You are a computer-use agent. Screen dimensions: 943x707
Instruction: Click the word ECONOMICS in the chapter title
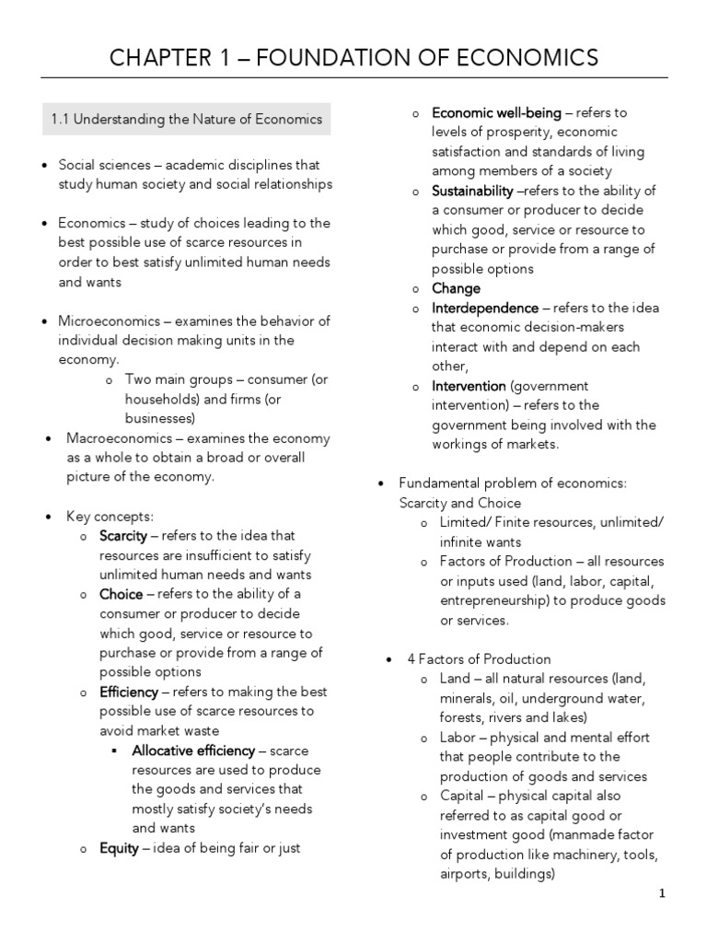(x=525, y=58)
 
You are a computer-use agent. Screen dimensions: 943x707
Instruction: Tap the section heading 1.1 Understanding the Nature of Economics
(x=186, y=119)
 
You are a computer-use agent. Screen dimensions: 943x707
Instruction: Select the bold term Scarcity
(x=123, y=536)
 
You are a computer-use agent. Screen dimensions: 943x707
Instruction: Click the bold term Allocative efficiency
(x=193, y=751)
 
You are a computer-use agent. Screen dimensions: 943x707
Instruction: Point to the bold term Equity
(x=120, y=848)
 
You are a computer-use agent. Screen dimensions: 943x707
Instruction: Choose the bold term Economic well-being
(x=496, y=112)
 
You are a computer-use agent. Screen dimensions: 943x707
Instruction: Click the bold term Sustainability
(x=472, y=191)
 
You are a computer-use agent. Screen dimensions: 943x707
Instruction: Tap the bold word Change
(x=456, y=288)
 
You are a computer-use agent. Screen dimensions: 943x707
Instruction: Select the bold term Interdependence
(x=485, y=308)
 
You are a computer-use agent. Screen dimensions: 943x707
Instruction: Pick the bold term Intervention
(x=469, y=386)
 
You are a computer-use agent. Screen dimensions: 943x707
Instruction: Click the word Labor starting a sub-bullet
(x=457, y=738)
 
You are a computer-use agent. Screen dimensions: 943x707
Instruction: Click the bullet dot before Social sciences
(x=45, y=166)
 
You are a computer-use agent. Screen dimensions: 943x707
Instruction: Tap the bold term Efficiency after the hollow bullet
(x=129, y=692)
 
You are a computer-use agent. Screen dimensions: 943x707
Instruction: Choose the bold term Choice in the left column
(x=121, y=594)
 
